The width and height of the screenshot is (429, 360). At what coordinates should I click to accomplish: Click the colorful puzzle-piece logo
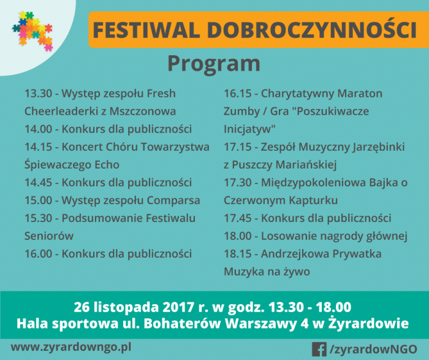(32, 31)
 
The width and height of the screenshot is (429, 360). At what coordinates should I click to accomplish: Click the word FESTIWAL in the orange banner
(146, 30)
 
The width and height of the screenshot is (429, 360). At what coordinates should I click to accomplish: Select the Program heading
(214, 64)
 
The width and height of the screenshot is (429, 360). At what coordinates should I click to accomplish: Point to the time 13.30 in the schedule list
(38, 94)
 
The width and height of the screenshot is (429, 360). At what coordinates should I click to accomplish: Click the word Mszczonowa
(143, 112)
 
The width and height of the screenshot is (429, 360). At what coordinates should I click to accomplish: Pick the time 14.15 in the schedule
(38, 147)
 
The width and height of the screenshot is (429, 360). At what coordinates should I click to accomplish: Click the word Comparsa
(173, 201)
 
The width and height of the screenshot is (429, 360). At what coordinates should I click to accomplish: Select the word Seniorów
(49, 236)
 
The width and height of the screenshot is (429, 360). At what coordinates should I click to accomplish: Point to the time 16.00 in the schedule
(38, 254)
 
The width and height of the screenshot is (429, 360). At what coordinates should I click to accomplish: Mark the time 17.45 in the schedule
(238, 218)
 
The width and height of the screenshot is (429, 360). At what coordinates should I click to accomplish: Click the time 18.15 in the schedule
(238, 254)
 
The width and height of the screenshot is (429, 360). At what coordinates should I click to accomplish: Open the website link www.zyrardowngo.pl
(71, 348)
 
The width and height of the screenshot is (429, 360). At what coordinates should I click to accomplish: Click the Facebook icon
(319, 350)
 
